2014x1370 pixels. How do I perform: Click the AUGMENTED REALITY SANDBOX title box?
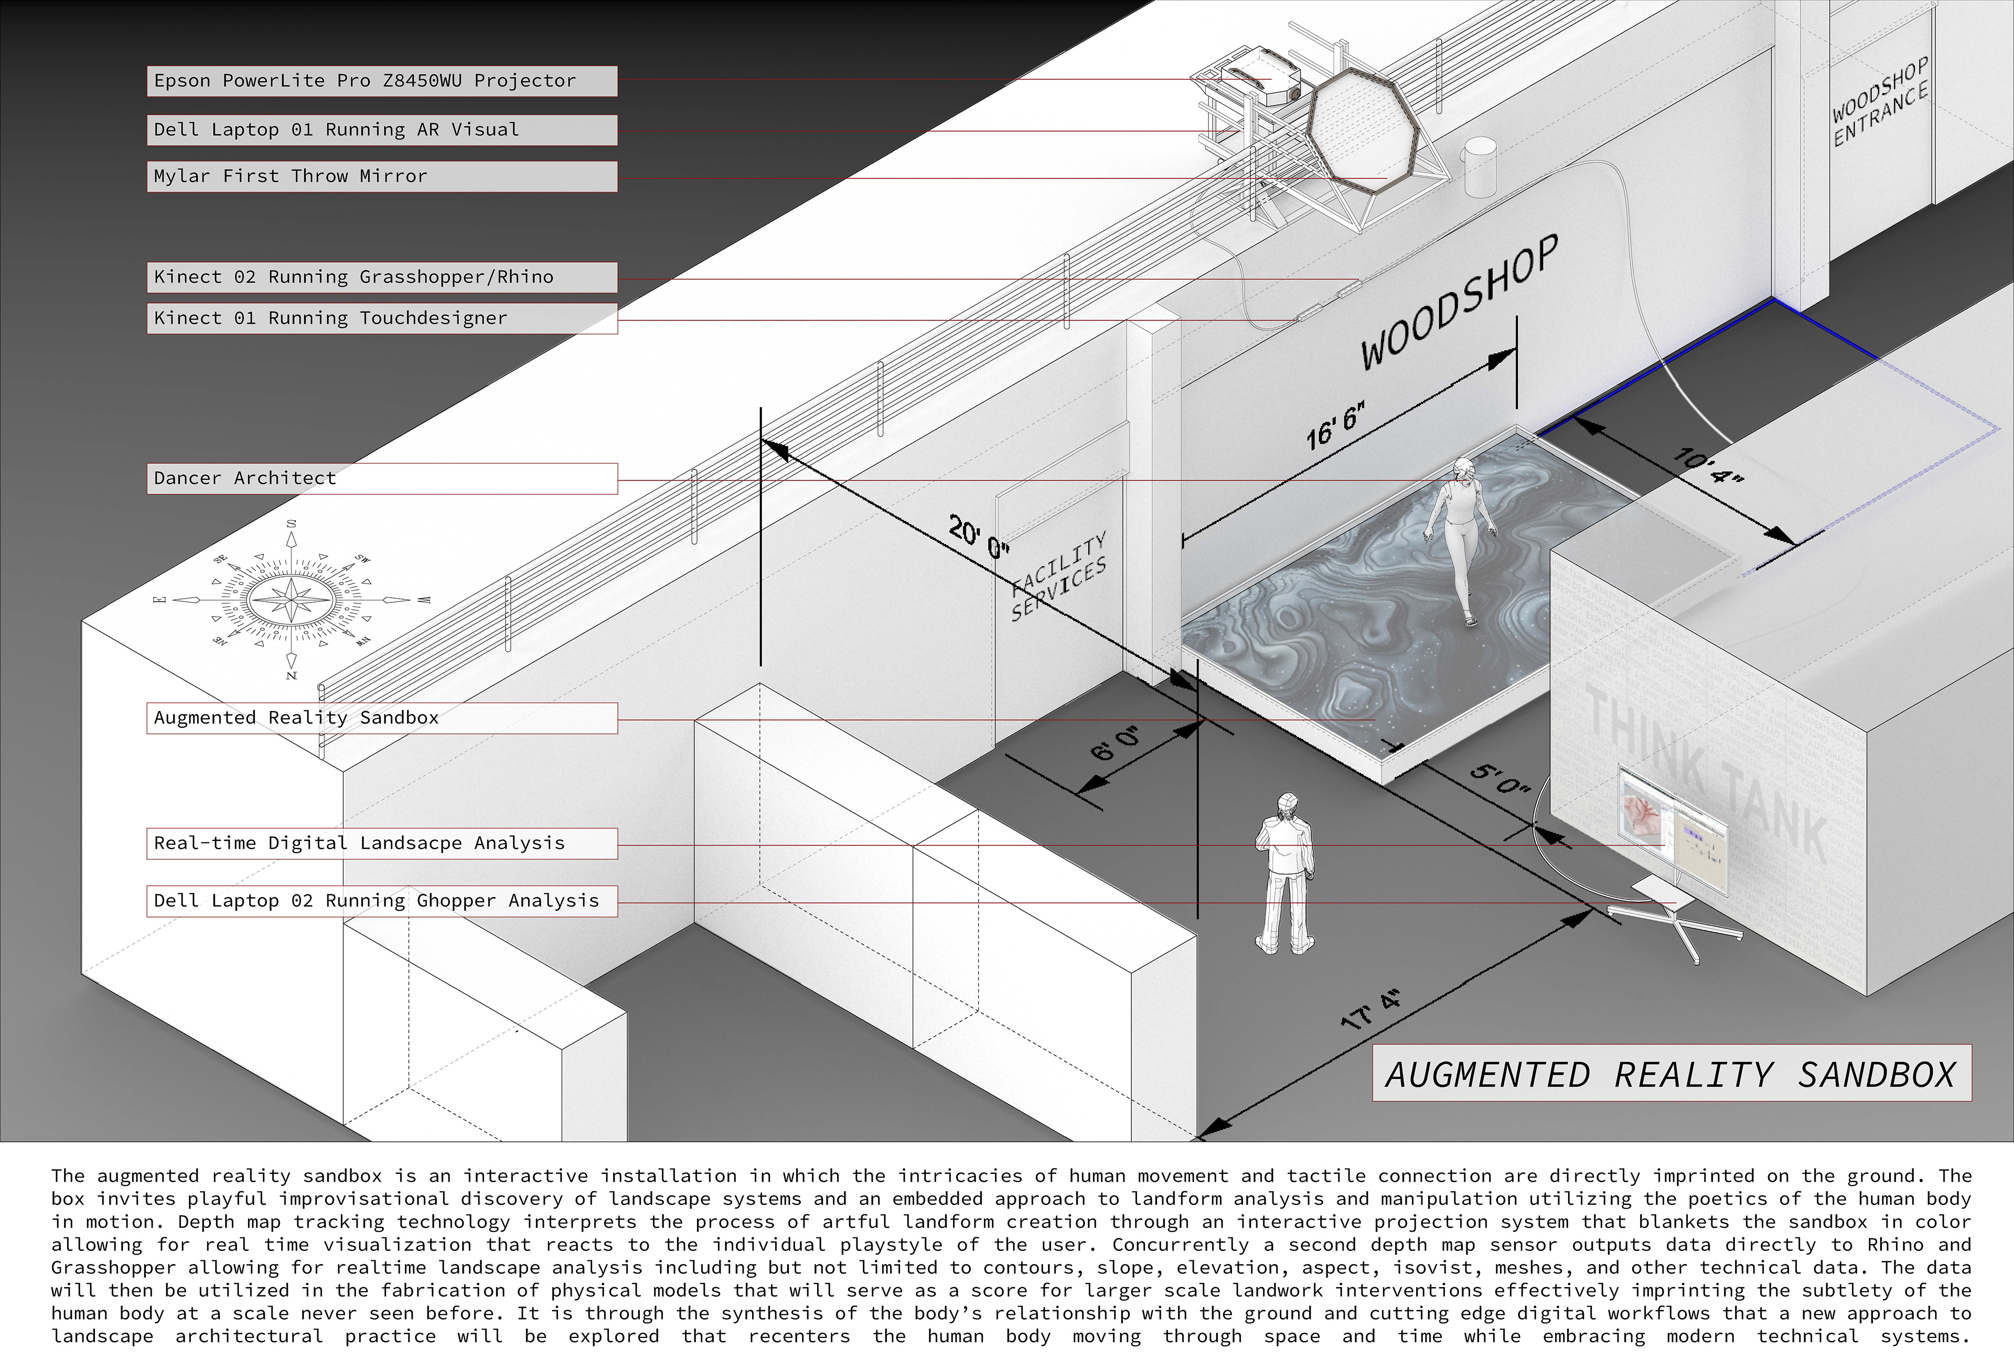pos(1671,1074)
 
